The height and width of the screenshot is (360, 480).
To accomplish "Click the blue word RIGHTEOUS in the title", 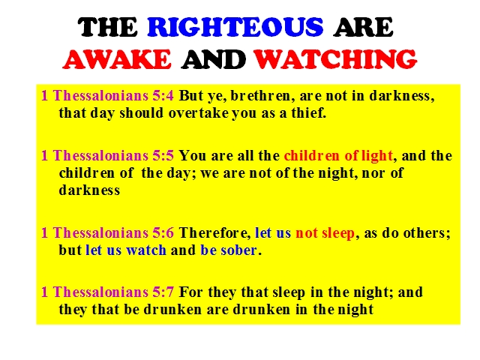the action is tap(235, 27).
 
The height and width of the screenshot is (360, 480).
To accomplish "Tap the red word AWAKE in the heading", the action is tap(117, 58).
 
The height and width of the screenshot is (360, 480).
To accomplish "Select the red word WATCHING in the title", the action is tap(335, 58).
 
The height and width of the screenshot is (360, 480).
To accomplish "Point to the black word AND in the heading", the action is tap(213, 59).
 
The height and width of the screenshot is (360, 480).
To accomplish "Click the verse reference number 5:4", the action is tap(163, 95).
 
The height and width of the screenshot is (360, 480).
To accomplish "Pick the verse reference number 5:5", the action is tap(163, 155).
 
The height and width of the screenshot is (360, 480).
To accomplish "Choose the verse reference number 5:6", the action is tap(163, 233).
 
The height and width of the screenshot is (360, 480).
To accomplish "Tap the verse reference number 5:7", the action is tap(163, 292).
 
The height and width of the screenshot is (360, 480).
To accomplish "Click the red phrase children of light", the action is tap(338, 156).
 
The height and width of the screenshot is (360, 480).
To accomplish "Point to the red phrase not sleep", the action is tap(325, 234).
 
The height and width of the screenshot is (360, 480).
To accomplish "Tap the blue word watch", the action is tap(146, 250).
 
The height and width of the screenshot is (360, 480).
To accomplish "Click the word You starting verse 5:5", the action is tap(192, 155).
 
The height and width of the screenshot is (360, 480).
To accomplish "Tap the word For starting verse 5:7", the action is tap(190, 292).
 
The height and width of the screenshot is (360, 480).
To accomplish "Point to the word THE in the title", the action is tap(107, 27).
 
